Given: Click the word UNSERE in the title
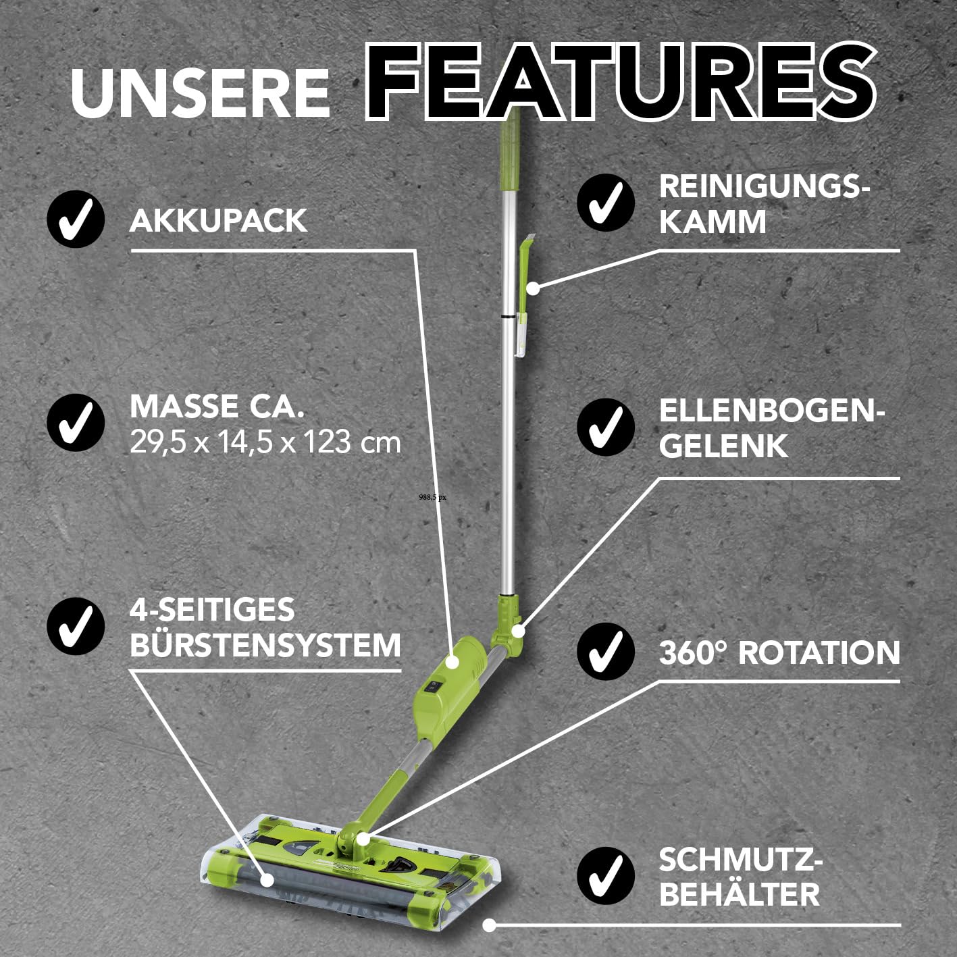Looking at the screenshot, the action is pyautogui.click(x=200, y=93).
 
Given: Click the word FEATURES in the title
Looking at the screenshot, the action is pyautogui.click(x=620, y=80).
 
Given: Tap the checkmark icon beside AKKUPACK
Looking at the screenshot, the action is pyautogui.click(x=76, y=219).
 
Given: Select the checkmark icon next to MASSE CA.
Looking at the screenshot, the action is pyautogui.click(x=76, y=423).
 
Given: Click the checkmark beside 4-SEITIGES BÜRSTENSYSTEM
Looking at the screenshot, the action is pyautogui.click(x=76, y=627).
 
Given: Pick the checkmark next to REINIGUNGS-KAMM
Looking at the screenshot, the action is pyautogui.click(x=606, y=202).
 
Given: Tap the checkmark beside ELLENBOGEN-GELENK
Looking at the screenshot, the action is pyautogui.click(x=606, y=427).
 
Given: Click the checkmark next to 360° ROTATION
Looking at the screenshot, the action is pyautogui.click(x=606, y=652).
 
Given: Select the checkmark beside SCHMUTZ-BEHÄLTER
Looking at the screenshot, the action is pyautogui.click(x=606, y=876).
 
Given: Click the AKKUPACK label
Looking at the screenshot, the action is pyautogui.click(x=219, y=220).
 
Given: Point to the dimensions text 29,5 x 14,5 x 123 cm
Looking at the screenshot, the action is pyautogui.click(x=265, y=442).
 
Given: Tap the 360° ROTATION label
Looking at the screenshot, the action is pyautogui.click(x=779, y=652).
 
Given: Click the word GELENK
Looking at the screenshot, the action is pyautogui.click(x=723, y=446).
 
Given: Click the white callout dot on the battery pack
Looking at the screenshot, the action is pyautogui.click(x=452, y=661).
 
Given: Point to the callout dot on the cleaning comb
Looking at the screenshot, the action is pyautogui.click(x=532, y=288).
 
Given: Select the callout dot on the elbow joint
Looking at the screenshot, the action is pyautogui.click(x=518, y=631).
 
